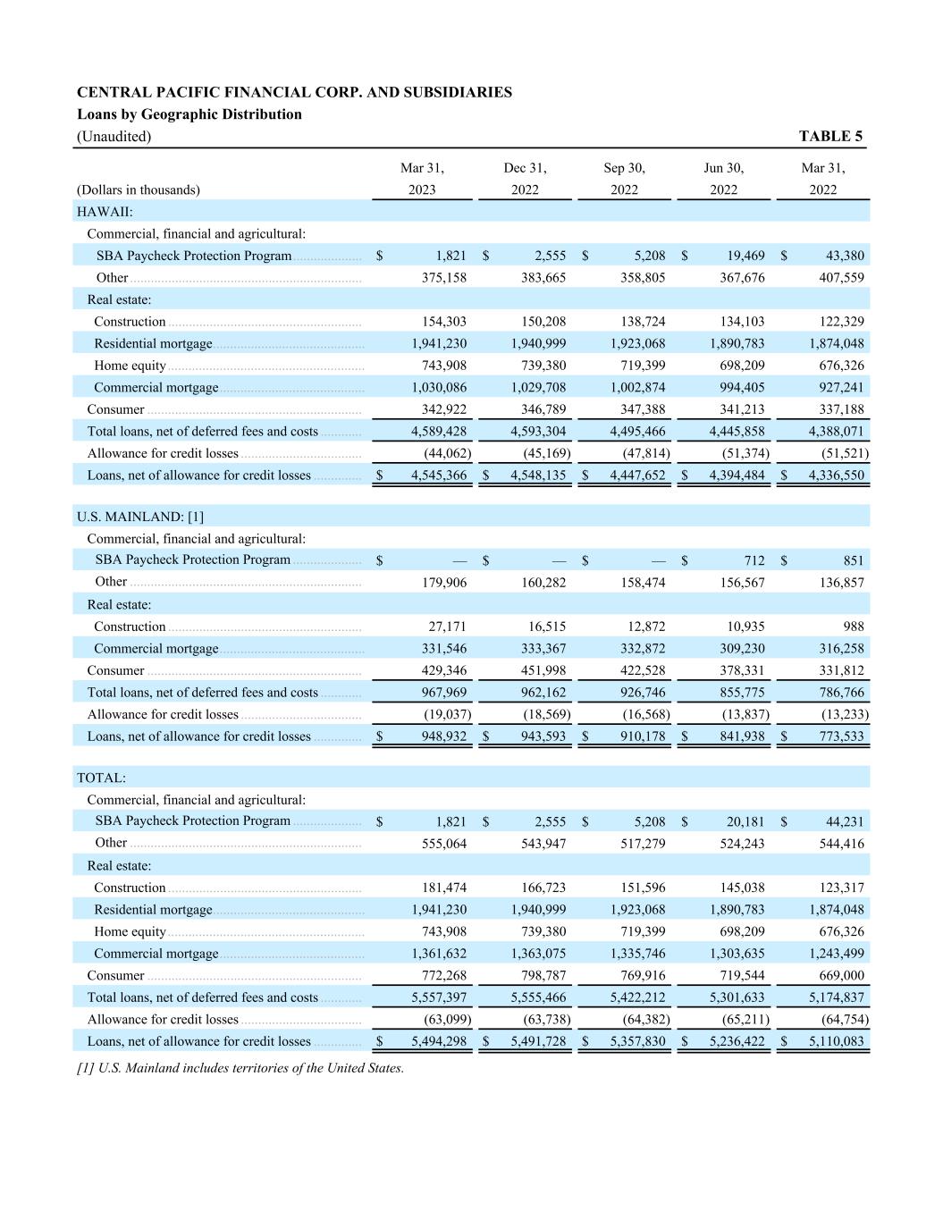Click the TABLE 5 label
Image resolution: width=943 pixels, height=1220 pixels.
click(830, 136)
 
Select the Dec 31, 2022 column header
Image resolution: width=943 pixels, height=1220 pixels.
click(525, 179)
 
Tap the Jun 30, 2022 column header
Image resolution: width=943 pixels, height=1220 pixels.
click(723, 179)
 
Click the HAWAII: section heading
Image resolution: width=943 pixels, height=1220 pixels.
click(105, 212)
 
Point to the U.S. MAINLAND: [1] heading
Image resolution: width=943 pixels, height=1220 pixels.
click(140, 517)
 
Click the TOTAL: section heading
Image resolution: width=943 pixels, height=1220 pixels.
click(101, 778)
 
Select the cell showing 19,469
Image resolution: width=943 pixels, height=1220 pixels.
click(745, 256)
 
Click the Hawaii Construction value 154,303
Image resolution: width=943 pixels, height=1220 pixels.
click(444, 322)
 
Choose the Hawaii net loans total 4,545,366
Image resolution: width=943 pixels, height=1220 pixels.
click(438, 475)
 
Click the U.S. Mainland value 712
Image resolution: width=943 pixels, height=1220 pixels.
click(754, 560)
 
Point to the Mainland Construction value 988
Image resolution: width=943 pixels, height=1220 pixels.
click(854, 627)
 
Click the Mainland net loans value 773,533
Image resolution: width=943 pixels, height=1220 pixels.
click(842, 736)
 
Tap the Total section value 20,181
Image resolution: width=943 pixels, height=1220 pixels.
click(745, 821)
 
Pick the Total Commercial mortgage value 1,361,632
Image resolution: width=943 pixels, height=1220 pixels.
click(438, 954)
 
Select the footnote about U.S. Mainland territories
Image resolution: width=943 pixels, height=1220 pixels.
click(240, 1068)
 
